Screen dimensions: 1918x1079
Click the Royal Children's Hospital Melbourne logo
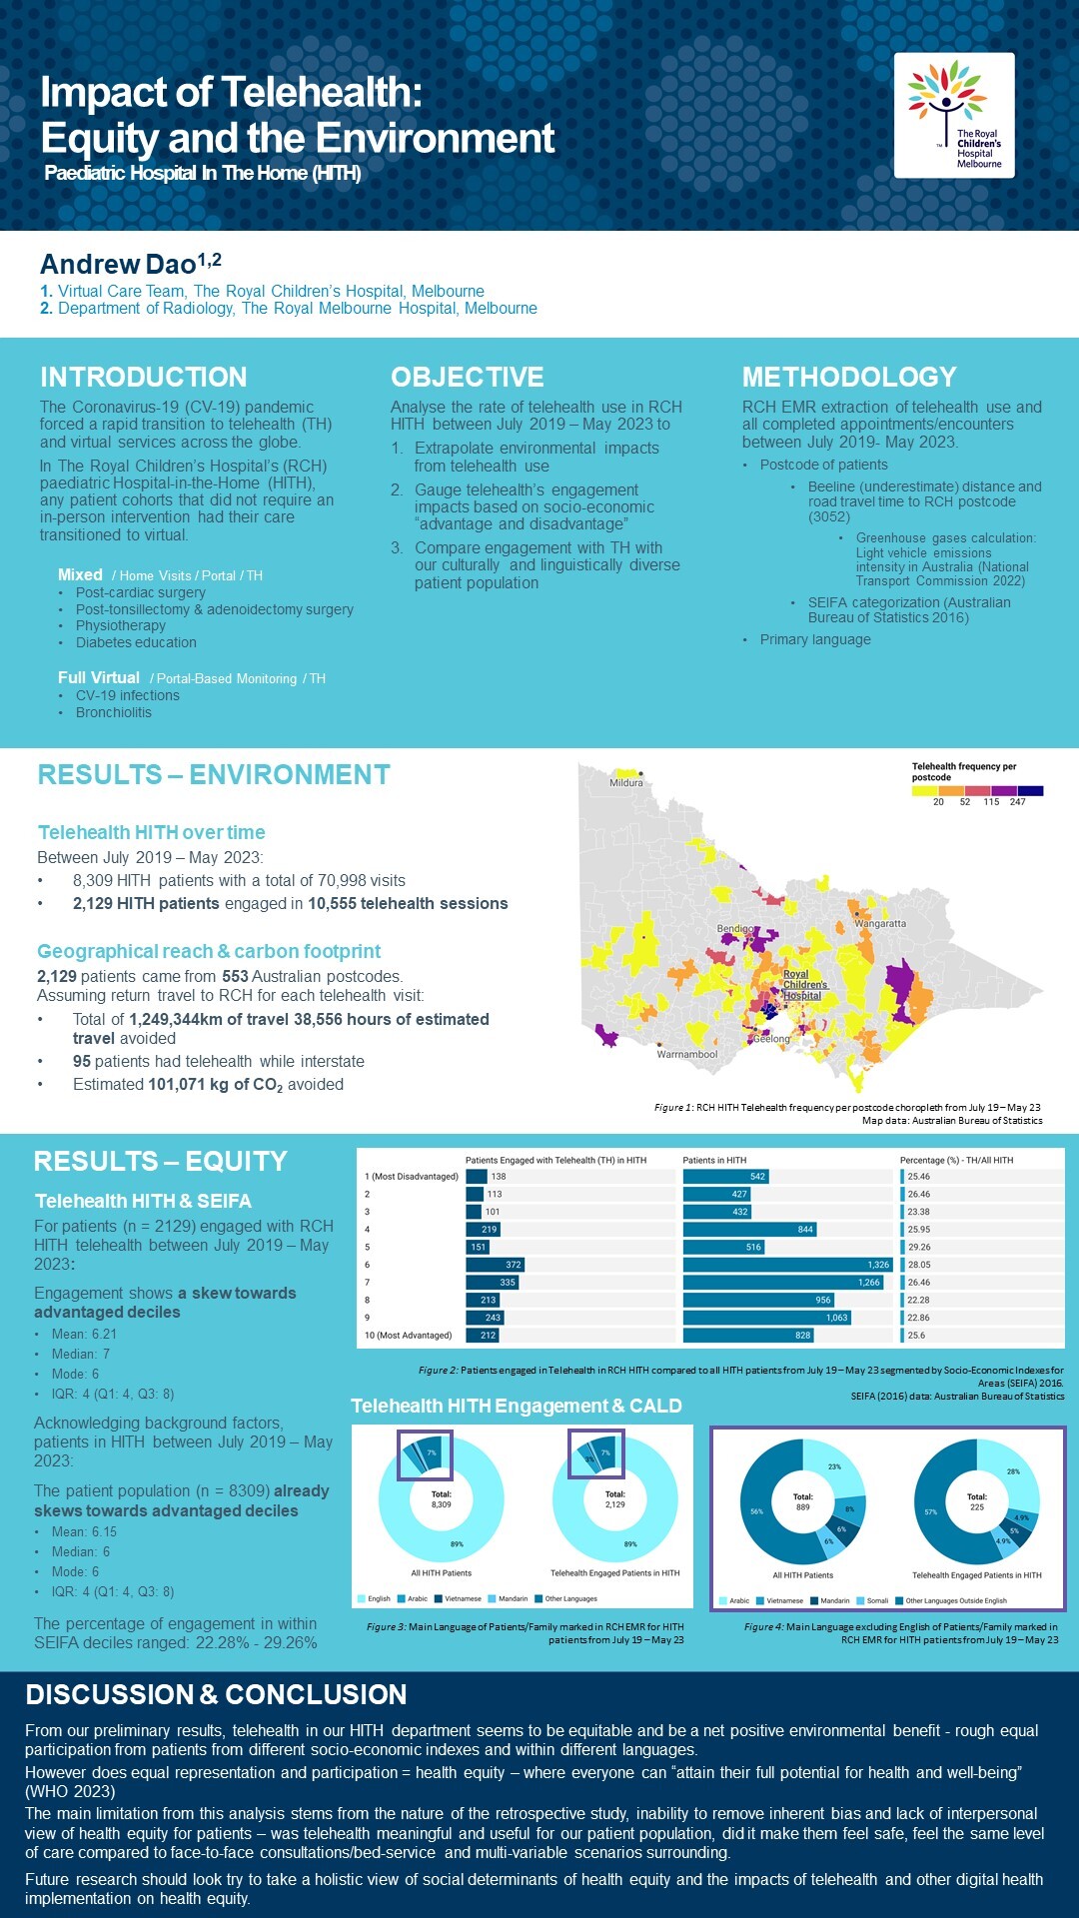pyautogui.click(x=954, y=115)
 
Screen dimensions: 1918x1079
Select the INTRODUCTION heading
pyautogui.click(x=143, y=377)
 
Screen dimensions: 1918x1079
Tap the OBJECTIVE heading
pyautogui.click(x=467, y=377)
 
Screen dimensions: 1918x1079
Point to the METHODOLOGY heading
pyautogui.click(x=849, y=377)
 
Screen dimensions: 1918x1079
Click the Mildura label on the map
pyautogui.click(x=626, y=782)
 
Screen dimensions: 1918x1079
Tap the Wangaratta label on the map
pyautogui.click(x=880, y=923)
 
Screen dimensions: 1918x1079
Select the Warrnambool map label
pyautogui.click(x=687, y=1054)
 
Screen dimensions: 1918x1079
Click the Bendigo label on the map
pyautogui.click(x=736, y=929)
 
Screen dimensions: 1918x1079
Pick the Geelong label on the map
pyautogui.click(x=771, y=1039)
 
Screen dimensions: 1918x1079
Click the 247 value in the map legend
pyautogui.click(x=1017, y=802)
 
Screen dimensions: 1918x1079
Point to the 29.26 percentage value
pyautogui.click(x=919, y=1247)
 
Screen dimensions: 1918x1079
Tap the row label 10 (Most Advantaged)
pyautogui.click(x=408, y=1336)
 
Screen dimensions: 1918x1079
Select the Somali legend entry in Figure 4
pyautogui.click(x=876, y=1600)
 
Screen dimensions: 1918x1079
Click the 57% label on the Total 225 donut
pyautogui.click(x=930, y=1511)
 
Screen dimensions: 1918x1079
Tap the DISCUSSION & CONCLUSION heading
pyautogui.click(x=216, y=1694)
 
